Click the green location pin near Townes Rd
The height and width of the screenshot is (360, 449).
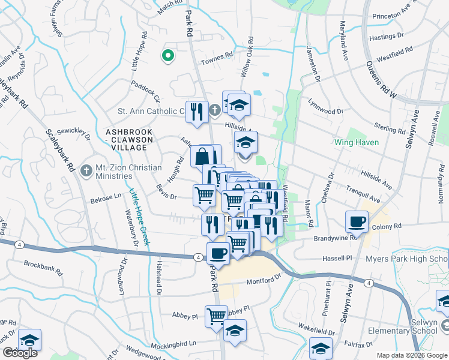pyautogui.click(x=168, y=56)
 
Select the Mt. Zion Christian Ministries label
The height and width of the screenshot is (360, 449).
pyautogui.click(x=109, y=172)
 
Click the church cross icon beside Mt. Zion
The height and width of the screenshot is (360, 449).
pyautogui.click(x=86, y=171)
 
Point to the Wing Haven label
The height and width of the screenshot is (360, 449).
pyautogui.click(x=357, y=143)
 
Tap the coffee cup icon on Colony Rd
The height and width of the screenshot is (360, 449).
pyautogui.click(x=357, y=221)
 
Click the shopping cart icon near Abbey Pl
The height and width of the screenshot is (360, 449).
pyautogui.click(x=216, y=316)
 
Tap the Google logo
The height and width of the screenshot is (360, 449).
pyautogui.click(x=20, y=353)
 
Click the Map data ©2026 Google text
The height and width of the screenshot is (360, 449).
pyautogui.click(x=411, y=355)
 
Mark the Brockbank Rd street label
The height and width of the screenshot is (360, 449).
pyautogui.click(x=43, y=264)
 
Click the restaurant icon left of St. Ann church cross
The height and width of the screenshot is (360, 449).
pyautogui.click(x=196, y=111)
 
